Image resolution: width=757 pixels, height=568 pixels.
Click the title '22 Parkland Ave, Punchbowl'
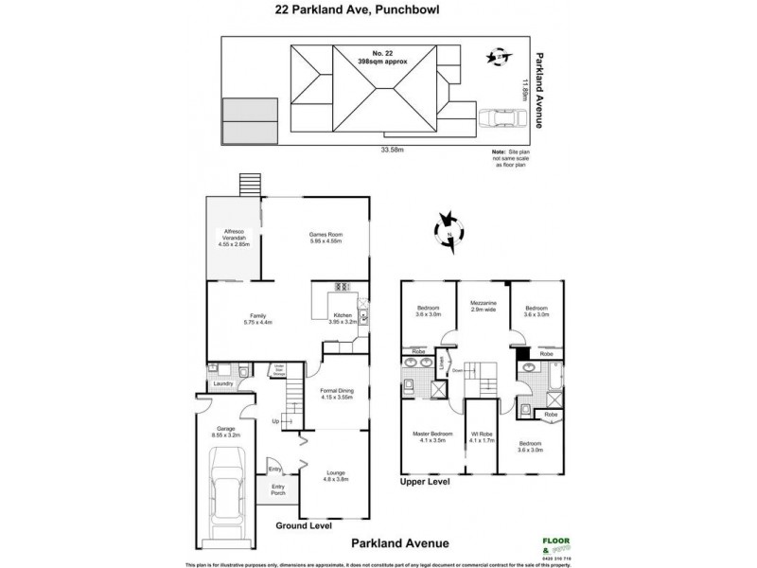378,12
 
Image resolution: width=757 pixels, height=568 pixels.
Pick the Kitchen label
342,318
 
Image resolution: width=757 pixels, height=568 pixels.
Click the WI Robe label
483,438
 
